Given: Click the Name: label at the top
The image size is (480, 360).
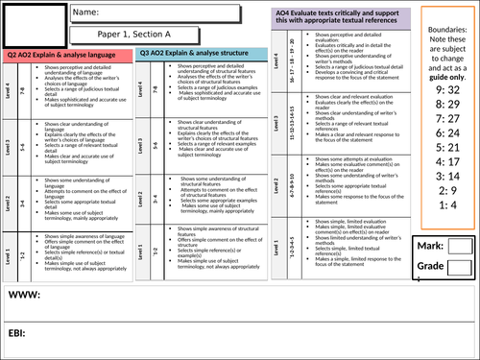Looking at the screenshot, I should [87, 12].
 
